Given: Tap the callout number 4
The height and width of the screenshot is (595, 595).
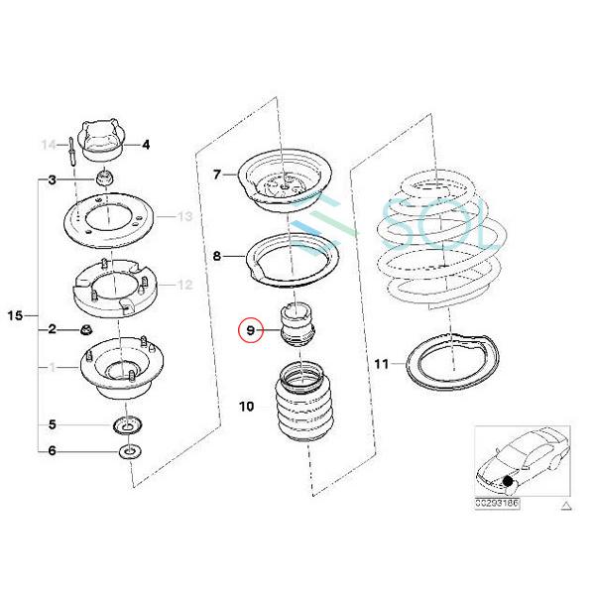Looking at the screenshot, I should click(x=146, y=145).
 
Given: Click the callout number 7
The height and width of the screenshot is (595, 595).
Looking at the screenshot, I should click(x=218, y=176).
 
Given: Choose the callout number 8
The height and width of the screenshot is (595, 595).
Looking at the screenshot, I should click(x=218, y=256).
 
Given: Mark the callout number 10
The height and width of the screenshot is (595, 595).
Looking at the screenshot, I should click(x=247, y=406).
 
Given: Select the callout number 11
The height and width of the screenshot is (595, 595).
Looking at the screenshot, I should click(x=382, y=364).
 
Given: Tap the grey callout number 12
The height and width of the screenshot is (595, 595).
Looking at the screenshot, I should click(x=184, y=286).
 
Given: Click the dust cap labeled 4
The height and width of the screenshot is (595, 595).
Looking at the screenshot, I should click(x=102, y=140).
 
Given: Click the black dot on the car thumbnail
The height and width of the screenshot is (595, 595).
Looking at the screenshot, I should click(x=507, y=481).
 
